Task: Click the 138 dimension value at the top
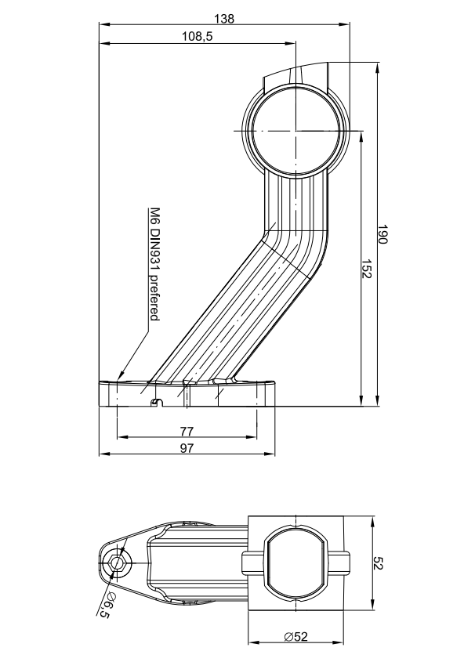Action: (223, 19)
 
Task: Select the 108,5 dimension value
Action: (198, 37)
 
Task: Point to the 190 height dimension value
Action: (382, 234)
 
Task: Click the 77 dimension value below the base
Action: (187, 432)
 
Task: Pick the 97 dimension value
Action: (187, 448)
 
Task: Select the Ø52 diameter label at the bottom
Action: (296, 636)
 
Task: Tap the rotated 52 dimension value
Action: (378, 563)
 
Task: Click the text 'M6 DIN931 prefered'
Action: (155, 264)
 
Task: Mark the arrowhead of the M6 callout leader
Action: (121, 375)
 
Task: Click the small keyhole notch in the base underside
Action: (157, 401)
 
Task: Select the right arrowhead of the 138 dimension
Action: (345, 24)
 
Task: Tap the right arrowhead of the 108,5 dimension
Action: (291, 43)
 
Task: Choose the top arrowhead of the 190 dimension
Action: (376, 67)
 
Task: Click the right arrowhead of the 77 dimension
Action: (252, 437)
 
